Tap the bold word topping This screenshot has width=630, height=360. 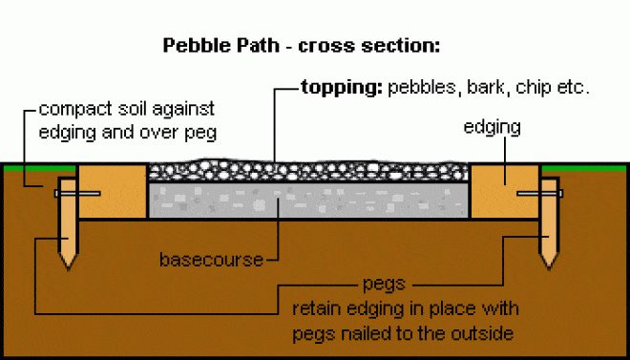point(340,88)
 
